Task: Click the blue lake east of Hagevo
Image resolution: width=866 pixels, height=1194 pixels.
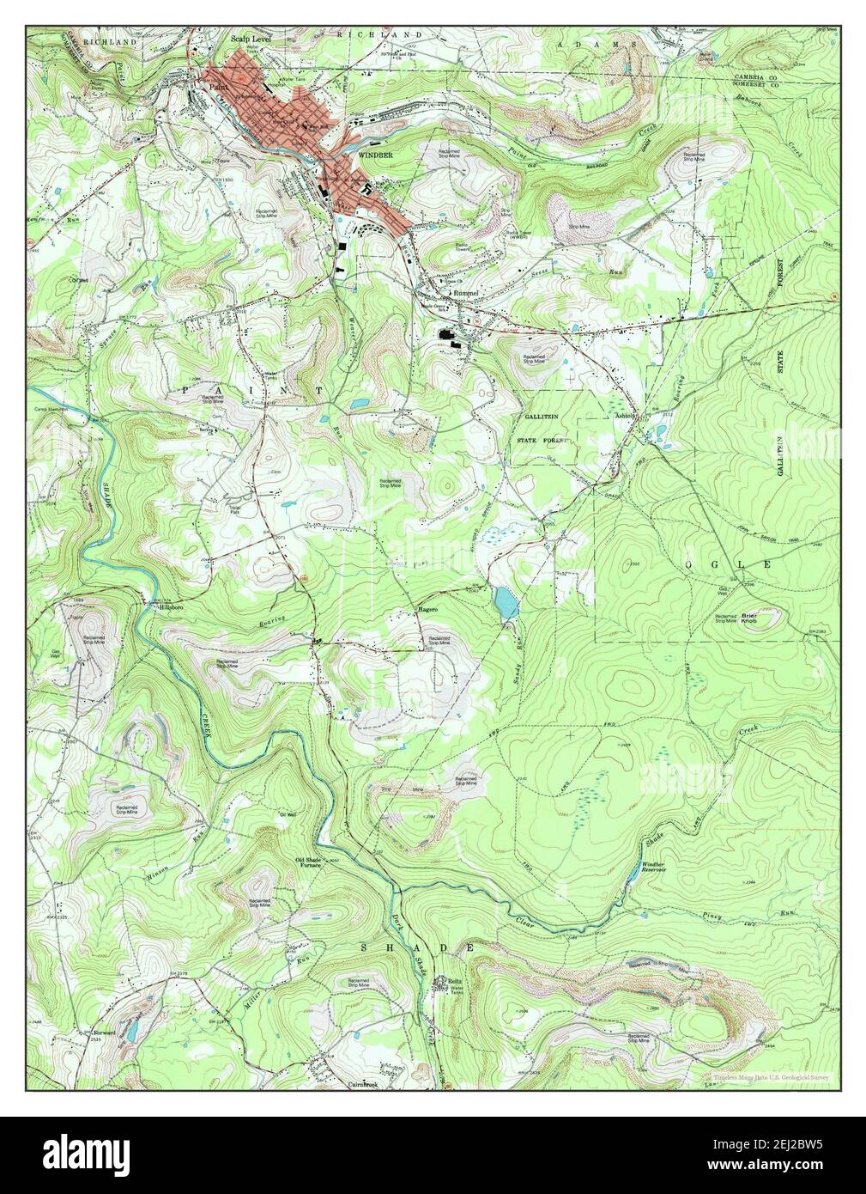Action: click(506, 603)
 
